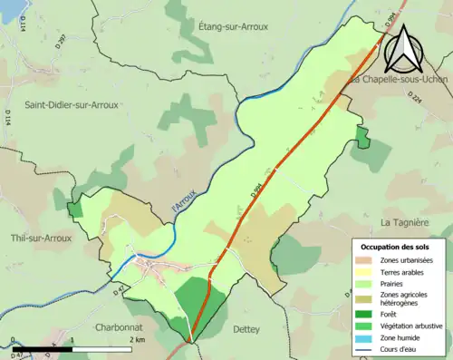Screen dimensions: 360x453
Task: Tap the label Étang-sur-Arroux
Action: point(233,27)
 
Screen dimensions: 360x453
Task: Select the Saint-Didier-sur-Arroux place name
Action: point(72,104)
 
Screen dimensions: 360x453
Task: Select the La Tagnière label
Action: point(404,221)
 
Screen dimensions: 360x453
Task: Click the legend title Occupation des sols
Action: point(395,247)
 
